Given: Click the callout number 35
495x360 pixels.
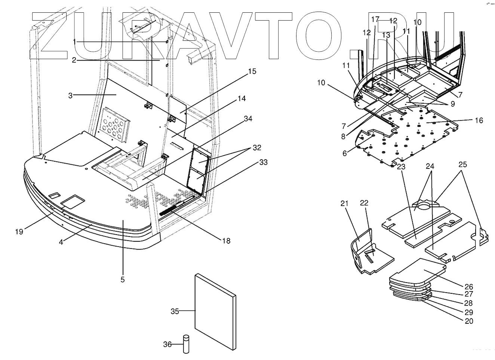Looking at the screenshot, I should [175, 311].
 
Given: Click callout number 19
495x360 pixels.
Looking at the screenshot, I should [19, 232].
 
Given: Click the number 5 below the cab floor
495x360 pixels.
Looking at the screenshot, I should [123, 279].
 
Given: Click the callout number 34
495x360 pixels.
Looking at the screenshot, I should [248, 119].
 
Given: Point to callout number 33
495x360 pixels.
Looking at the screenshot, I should [263, 162].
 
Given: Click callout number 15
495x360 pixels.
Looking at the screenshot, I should [252, 71].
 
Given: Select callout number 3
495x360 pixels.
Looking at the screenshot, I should [70, 95].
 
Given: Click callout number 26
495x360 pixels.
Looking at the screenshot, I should [469, 287].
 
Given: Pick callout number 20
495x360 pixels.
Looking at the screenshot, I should [469, 321].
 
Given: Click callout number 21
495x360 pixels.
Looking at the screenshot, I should [344, 204].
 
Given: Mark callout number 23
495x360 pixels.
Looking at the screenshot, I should [401, 167].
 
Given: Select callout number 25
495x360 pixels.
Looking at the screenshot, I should [463, 165].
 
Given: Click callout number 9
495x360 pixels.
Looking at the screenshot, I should [452, 104].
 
